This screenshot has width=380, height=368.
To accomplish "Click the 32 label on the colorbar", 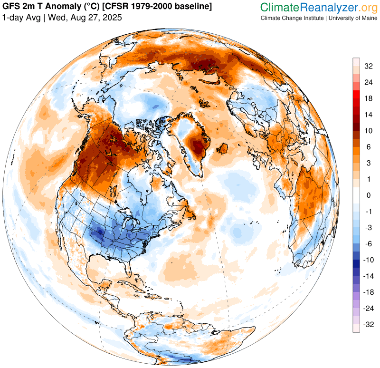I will pos(368,66).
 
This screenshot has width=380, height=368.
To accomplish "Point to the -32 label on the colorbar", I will pos(368,325).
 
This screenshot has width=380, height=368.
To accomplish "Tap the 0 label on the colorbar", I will pos(368,195).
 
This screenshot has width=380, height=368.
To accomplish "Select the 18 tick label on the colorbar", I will pos(368,98).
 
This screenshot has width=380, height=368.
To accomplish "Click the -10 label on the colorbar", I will pos(368,260).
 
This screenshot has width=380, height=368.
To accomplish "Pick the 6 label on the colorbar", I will pos(368,147).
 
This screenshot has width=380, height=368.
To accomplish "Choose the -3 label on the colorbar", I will pos(368,228).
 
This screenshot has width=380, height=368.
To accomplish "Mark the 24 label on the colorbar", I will pos(368,82).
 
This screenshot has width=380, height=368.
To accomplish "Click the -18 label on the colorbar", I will pos(368,293).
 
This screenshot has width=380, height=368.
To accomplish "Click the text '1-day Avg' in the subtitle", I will pos(20,18).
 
